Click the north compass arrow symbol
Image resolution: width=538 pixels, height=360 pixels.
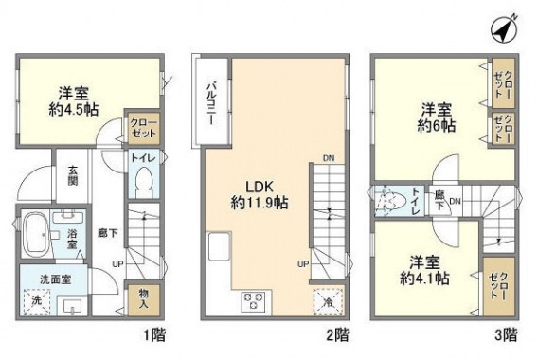tap(505, 28)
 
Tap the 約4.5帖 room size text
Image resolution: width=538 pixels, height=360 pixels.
tap(70, 109)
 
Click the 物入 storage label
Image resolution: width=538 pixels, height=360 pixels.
tap(143, 298)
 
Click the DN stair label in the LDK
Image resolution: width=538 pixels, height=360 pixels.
tap(327, 158)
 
